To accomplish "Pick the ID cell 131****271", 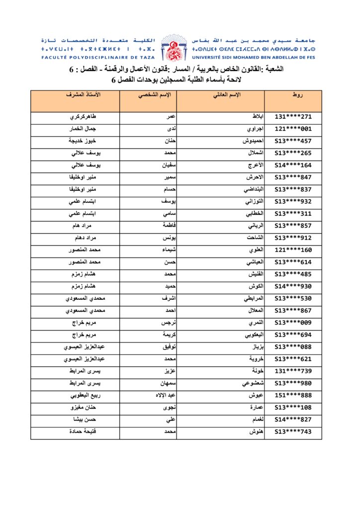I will pyautogui.click(x=293, y=117).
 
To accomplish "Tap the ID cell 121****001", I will pyautogui.click(x=293, y=129).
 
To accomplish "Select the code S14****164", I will pyautogui.click(x=293, y=166).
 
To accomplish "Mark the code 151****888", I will pyautogui.click(x=293, y=395).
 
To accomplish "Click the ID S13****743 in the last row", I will pyautogui.click(x=293, y=432).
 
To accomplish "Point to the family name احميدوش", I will pyautogui.click(x=251, y=141).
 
